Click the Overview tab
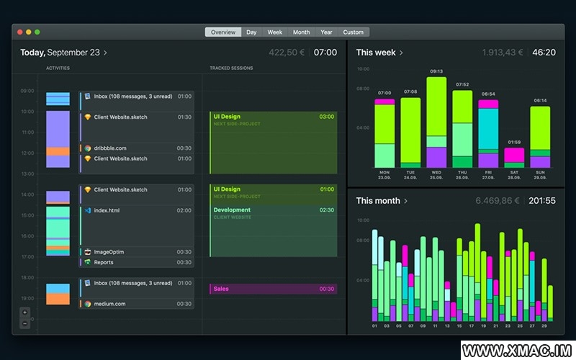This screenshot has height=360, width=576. click(x=223, y=32)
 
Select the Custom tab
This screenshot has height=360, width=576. click(x=353, y=32)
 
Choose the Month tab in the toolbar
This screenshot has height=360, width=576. click(x=301, y=32)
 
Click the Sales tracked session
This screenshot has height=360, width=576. click(x=274, y=289)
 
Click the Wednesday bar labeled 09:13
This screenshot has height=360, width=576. click(x=436, y=122)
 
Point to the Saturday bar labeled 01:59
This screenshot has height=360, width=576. click(x=514, y=156)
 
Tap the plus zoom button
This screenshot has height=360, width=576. click(x=25, y=312)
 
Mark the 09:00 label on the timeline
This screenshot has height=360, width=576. click(x=27, y=91)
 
